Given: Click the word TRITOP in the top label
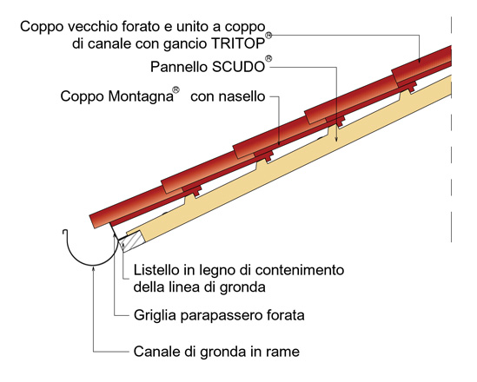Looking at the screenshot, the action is [x=238, y=43].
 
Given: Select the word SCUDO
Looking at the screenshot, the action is [x=238, y=67].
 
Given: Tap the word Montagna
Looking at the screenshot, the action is [x=141, y=96].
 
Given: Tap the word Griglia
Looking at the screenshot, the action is [x=155, y=315].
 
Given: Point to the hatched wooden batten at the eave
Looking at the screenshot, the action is [x=132, y=240].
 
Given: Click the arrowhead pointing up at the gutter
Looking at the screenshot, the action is [x=93, y=267].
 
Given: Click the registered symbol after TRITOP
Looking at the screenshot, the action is [x=268, y=36].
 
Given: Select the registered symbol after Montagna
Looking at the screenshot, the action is [x=176, y=90].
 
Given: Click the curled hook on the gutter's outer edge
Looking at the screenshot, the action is [x=64, y=232].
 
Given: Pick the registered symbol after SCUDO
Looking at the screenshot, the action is [x=268, y=59].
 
